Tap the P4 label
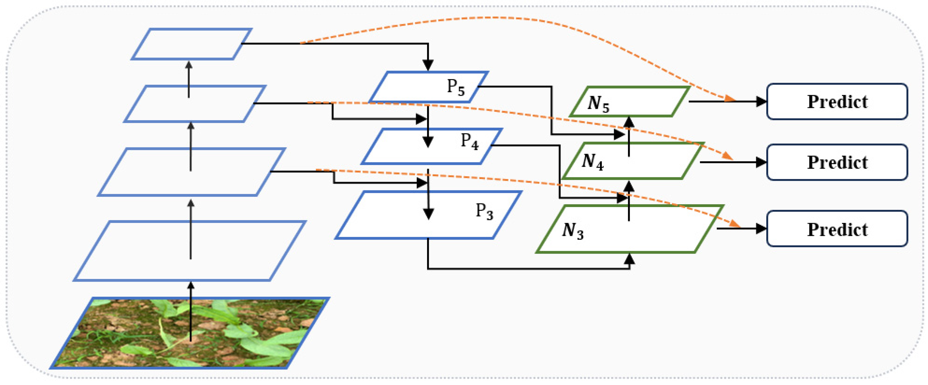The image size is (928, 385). coord(470,142)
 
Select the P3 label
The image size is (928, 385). coord(484,211)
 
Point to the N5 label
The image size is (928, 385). coord(598,104)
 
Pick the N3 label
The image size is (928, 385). coord(573,230)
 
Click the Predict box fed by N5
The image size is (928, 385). coord(837,102)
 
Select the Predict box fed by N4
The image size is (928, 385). coord(837,162)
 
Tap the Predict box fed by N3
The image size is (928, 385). coord(837,229)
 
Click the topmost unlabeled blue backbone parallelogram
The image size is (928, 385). coord(191,44)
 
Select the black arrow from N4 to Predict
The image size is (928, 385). coord(731,162)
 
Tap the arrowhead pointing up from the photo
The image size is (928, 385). coord(191,285)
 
